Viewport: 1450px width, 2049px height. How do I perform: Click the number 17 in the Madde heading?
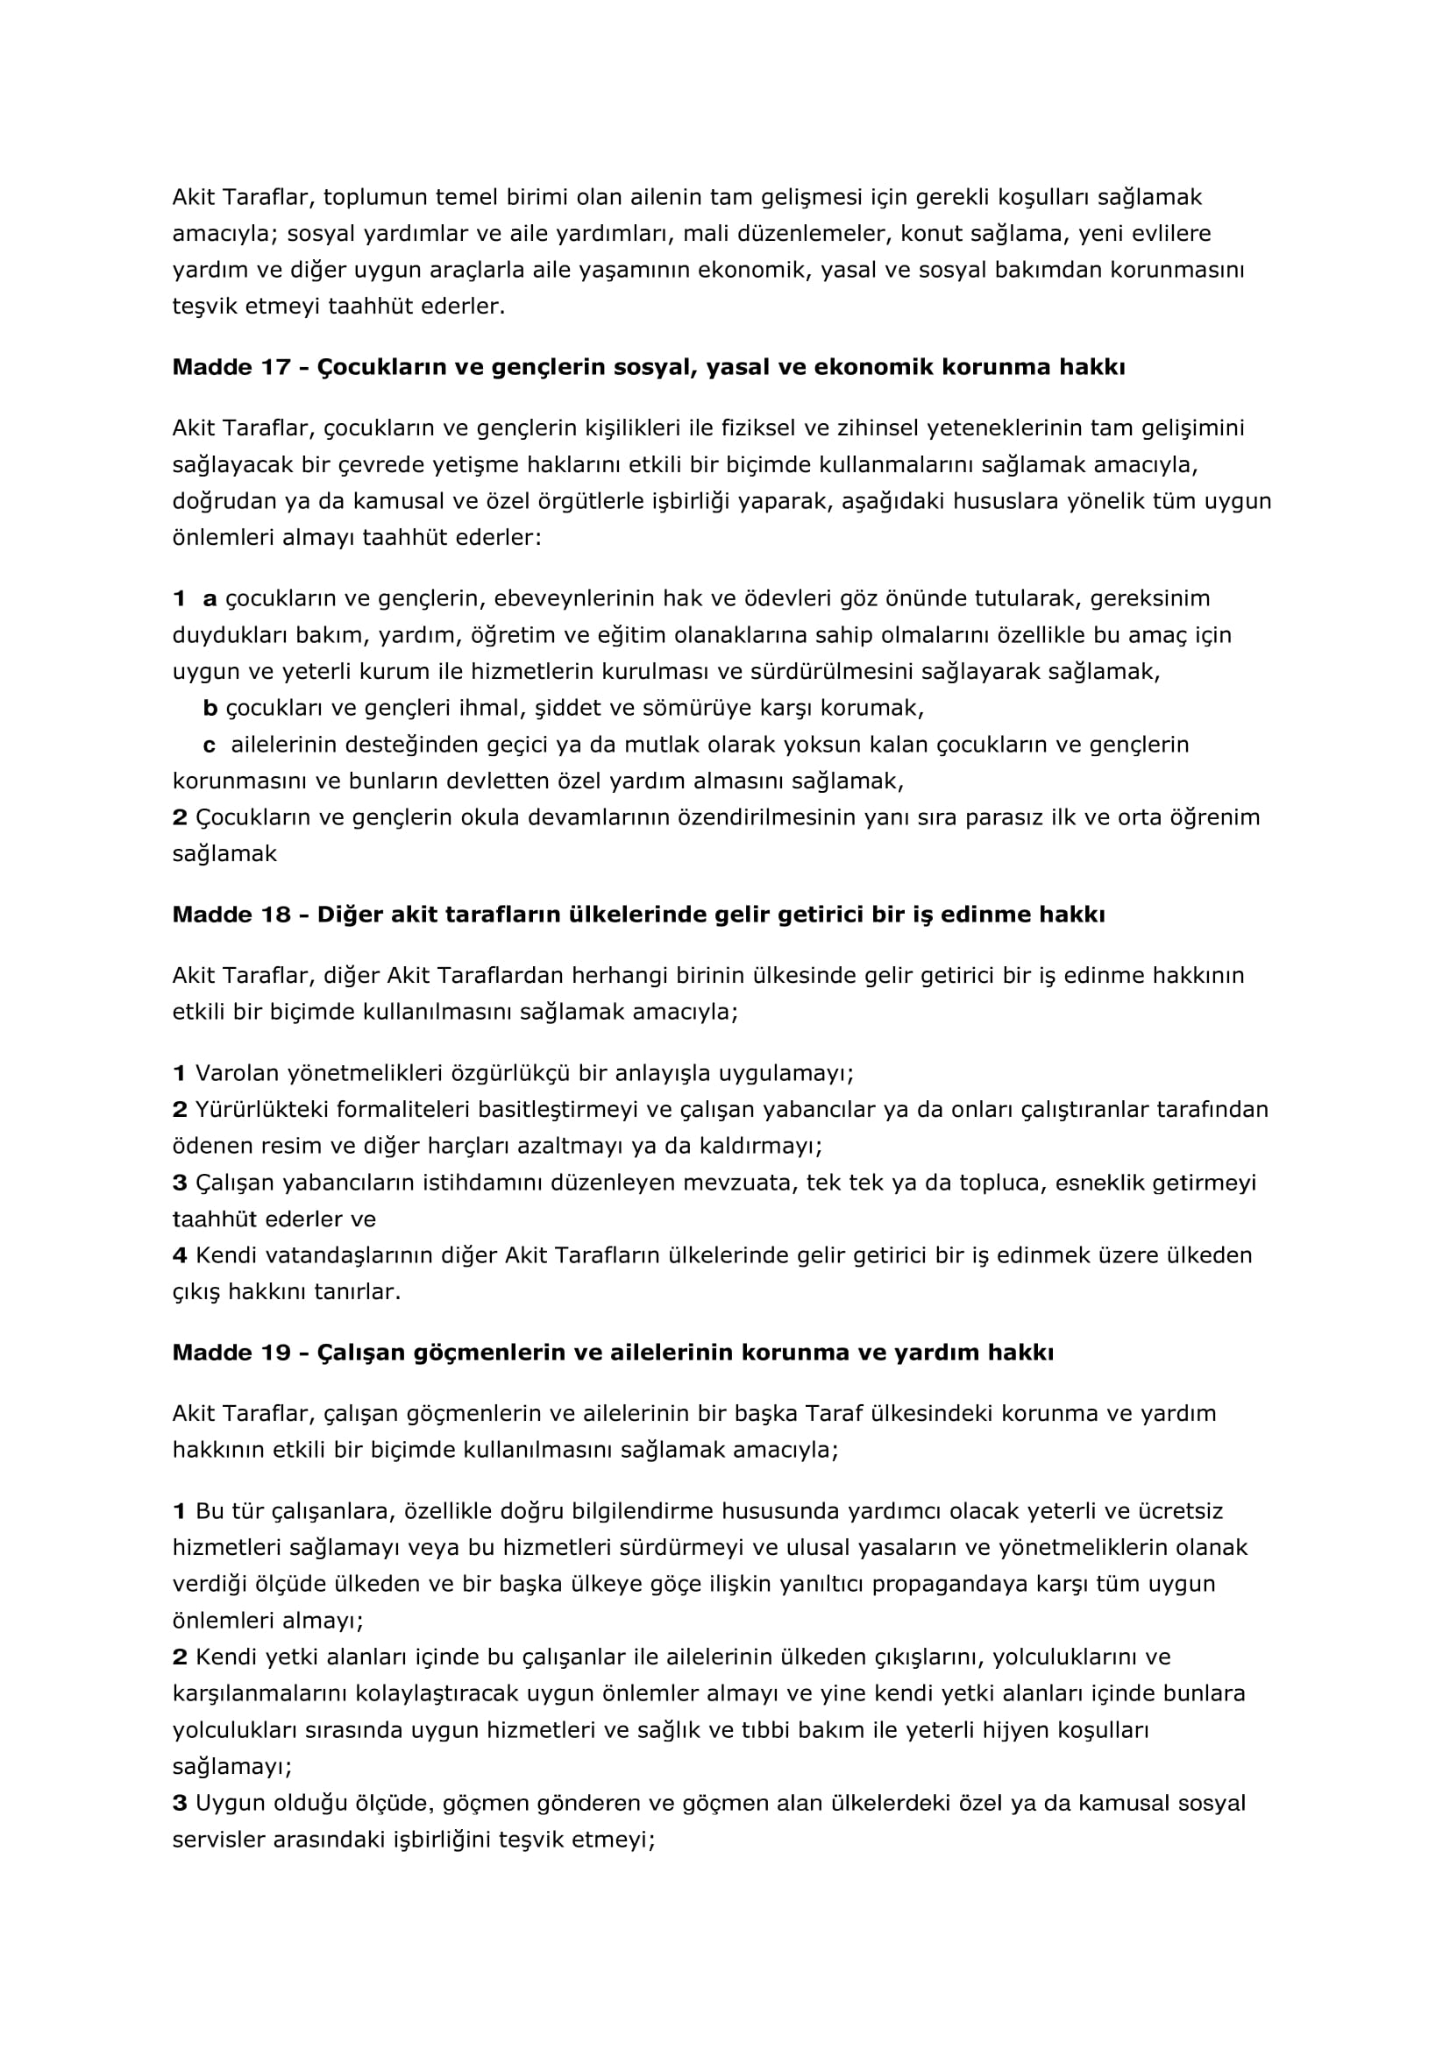click(276, 368)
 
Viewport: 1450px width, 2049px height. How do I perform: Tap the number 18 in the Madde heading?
click(276, 915)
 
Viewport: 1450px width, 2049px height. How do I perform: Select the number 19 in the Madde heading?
click(276, 1353)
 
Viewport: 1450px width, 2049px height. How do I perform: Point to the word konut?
click(930, 234)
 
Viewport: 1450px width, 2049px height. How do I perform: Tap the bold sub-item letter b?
click(210, 709)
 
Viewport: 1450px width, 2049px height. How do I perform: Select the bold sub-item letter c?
click(210, 745)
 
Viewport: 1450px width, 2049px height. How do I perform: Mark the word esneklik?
click(1100, 1183)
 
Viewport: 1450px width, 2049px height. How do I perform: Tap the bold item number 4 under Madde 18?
click(180, 1255)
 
